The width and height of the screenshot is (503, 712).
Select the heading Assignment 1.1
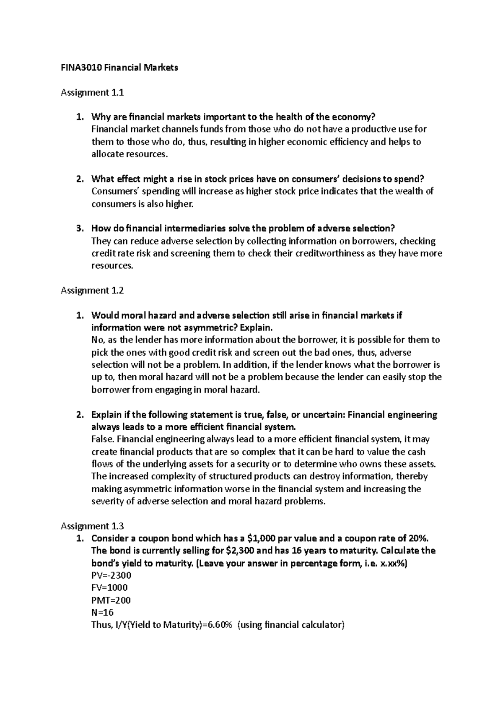tap(92, 93)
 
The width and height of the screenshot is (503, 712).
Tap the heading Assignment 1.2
tap(92, 290)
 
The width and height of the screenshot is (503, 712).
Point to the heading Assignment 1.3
tap(92, 526)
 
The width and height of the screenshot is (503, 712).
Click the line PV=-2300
tap(111, 575)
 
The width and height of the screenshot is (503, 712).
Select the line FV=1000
tap(109, 587)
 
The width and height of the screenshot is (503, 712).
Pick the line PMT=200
tap(111, 600)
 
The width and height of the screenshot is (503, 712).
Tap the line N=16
tap(102, 612)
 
